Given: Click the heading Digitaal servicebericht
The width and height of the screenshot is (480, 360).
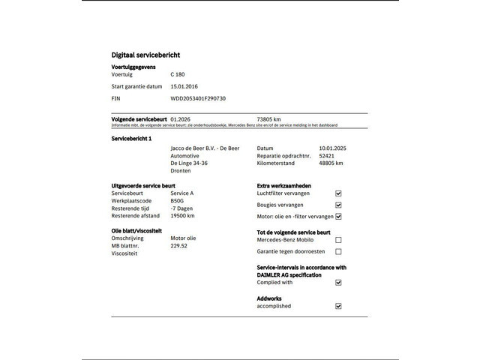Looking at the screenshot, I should click(145, 55).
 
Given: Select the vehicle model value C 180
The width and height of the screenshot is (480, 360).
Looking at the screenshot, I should click(178, 74).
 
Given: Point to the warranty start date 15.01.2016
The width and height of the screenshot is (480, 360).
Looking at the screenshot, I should click(184, 86).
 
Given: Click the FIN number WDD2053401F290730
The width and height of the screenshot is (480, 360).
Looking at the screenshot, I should click(198, 98).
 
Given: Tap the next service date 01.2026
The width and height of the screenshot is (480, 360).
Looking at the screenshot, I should click(181, 118).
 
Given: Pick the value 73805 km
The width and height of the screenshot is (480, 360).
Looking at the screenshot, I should click(268, 118).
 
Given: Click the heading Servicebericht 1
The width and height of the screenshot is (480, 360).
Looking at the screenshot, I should click(132, 139).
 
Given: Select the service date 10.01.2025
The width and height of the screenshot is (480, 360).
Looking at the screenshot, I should click(332, 148).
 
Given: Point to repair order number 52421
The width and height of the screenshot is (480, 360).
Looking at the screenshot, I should click(326, 155).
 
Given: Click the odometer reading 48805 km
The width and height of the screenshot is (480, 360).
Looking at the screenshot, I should click(331, 163).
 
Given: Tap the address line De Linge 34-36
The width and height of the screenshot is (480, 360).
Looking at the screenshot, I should click(189, 163).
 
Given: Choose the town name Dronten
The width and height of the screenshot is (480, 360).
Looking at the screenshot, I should click(181, 170).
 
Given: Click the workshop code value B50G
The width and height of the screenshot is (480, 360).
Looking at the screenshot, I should click(177, 200).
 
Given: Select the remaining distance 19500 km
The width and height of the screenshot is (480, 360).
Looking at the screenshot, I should click(182, 215).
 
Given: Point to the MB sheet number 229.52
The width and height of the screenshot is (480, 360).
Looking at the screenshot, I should click(179, 245).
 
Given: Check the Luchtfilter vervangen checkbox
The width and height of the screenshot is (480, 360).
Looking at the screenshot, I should click(338, 193).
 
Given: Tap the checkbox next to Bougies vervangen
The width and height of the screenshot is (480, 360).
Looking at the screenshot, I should click(338, 205).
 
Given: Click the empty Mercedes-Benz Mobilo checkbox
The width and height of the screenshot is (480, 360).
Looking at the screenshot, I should click(338, 240).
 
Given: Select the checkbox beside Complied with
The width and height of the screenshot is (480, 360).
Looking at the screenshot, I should click(338, 283).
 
